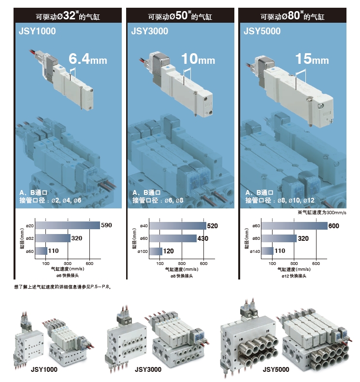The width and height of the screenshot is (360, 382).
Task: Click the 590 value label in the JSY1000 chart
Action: pos(106,225)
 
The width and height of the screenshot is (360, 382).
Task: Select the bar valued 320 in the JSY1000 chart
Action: pos(53,238)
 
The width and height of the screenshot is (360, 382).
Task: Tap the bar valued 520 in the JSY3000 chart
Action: pos(177,226)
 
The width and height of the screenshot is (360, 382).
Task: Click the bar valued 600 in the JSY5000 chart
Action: pos(295,226)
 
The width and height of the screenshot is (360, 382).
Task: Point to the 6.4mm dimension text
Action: pos(87,59)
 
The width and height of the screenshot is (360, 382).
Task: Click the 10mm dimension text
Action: pos(198,59)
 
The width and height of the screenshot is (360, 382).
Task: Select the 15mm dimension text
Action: pos(312,59)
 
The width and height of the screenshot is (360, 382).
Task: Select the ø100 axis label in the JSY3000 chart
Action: pos(144,251)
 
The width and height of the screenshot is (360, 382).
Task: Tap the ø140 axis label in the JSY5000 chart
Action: pos(257,251)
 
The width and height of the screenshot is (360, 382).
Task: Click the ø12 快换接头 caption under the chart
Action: pos(295,276)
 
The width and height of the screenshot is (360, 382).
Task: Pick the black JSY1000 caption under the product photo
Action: pos(44,370)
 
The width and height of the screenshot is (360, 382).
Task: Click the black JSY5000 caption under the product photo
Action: pos(276,370)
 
